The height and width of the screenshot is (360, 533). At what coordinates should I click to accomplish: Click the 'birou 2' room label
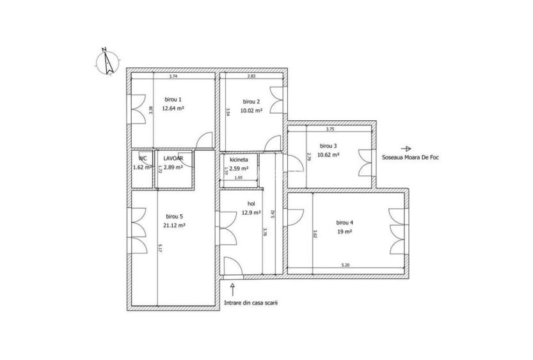[x=251, y=102]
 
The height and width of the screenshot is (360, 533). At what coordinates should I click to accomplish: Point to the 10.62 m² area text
[x=328, y=154]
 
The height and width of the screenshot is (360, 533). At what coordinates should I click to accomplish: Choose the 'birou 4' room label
[x=345, y=223]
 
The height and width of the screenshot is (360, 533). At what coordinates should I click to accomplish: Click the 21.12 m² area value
[x=173, y=225]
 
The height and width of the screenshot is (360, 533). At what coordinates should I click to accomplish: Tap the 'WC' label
[x=143, y=158]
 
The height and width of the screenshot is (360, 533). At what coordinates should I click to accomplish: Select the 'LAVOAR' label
[x=173, y=158]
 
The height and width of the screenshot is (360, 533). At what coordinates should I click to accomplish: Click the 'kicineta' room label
[x=239, y=159]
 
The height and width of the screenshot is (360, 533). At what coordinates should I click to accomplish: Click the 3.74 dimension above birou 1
[x=173, y=77]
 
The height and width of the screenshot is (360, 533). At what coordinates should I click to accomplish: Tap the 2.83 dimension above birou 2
[x=251, y=77]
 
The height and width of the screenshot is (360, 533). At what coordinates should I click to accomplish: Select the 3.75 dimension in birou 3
[x=330, y=129]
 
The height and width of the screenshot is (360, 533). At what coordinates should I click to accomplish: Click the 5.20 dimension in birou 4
[x=345, y=265]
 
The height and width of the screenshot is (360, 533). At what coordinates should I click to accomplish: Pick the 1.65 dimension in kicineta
[x=238, y=177]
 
